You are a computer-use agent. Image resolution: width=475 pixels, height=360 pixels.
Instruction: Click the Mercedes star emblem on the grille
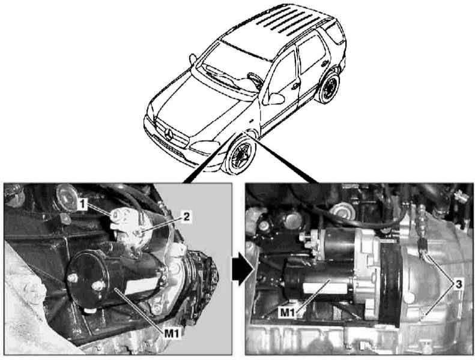(x=168, y=134)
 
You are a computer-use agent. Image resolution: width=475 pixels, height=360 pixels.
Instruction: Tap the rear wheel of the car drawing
(x=329, y=88)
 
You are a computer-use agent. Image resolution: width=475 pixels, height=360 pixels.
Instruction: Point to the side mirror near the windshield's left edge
(x=193, y=59)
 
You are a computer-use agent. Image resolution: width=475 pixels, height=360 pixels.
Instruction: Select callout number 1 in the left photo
(x=82, y=205)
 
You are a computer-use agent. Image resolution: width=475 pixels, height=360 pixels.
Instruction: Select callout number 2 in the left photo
(x=186, y=217)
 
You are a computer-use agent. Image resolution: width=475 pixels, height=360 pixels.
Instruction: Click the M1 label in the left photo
(x=172, y=334)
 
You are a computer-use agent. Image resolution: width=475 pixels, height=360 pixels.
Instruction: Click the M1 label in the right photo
(x=288, y=312)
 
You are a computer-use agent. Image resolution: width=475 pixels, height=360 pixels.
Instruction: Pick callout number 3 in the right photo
(x=459, y=284)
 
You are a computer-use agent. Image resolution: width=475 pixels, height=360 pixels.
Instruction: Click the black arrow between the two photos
(x=243, y=269)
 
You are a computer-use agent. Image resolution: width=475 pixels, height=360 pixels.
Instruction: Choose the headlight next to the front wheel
(x=204, y=147)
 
